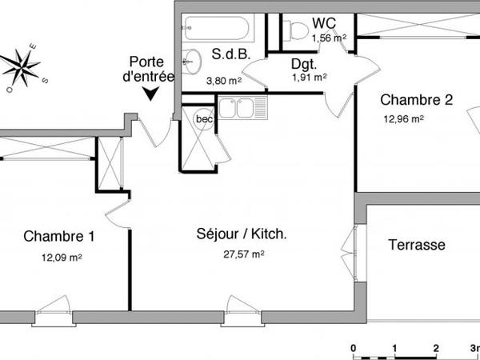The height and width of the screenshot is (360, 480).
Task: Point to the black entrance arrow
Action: coord(150,95)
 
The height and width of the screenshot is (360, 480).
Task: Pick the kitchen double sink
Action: coord(236,108)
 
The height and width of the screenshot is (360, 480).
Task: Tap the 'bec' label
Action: coord(205,119)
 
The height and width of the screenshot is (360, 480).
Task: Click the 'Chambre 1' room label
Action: coord(59,237)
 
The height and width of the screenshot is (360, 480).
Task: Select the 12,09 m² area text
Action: coord(62,258)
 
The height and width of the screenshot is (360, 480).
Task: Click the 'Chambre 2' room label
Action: coord(416,100)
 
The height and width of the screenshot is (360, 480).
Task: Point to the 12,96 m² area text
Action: coord(402,119)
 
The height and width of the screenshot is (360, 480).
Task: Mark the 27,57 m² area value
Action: coord(243,254)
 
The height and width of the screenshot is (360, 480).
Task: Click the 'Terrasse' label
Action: coord(417,245)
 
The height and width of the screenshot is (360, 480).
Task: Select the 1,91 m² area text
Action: coord(309,78)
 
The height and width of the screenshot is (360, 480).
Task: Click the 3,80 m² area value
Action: coord(223,80)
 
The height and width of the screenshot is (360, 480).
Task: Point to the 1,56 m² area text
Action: coord(329,37)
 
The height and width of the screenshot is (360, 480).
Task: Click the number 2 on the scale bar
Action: coord(435,349)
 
